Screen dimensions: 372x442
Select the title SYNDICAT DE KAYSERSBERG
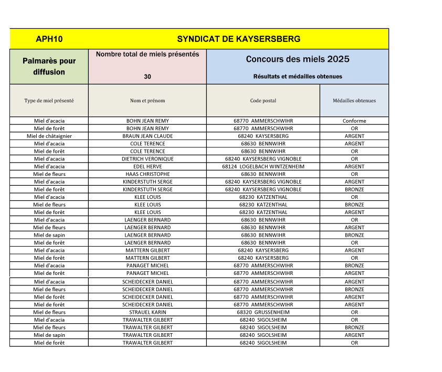tap(239, 39)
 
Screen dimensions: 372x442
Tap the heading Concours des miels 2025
tap(298, 59)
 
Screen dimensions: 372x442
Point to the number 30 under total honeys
tap(148, 77)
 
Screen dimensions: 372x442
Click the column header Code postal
tap(263, 101)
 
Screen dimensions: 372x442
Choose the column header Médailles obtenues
tap(354, 101)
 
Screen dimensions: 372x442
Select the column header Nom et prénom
tap(148, 101)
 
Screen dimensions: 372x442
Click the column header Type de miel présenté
tap(49, 101)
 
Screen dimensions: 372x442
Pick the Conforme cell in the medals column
tap(354, 121)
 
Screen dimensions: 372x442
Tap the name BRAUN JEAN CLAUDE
tap(148, 136)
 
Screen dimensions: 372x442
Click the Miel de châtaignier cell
tap(49, 136)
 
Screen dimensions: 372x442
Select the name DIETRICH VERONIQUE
tap(148, 159)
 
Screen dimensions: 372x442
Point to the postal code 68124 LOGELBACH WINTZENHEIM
tap(263, 166)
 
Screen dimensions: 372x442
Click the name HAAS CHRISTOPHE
tap(148, 174)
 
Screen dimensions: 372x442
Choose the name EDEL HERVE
tap(148, 166)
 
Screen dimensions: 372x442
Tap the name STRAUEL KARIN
tap(148, 312)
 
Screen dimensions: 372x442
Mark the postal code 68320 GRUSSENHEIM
tap(263, 312)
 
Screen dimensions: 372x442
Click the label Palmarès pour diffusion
tap(49, 67)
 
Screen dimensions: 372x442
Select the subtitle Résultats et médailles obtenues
tap(298, 77)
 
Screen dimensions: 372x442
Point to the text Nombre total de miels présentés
tap(148, 55)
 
